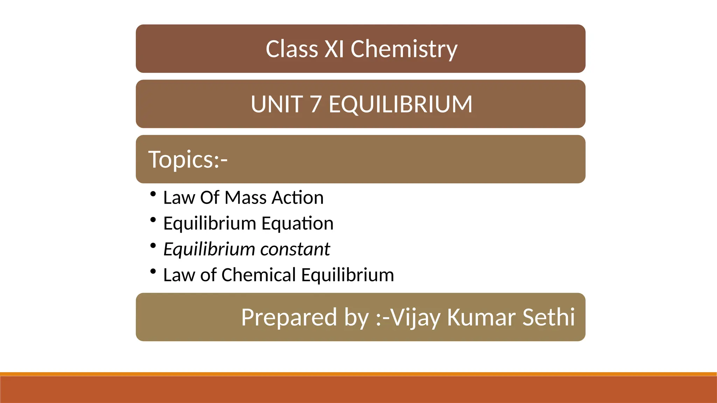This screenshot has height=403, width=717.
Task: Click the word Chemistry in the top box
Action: click(404, 49)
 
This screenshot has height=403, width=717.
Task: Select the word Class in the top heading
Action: click(292, 49)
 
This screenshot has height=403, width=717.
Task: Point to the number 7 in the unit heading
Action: click(315, 104)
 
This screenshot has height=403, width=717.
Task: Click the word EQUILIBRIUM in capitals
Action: click(401, 104)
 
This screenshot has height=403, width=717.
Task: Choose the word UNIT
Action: click(277, 104)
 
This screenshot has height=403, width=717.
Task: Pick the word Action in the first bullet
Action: click(298, 198)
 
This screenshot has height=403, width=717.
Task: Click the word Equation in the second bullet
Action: click(297, 224)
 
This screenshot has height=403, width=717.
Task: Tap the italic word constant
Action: click(295, 249)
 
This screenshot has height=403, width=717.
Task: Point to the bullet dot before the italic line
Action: click(153, 246)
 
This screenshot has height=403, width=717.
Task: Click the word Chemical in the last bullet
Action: click(259, 275)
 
